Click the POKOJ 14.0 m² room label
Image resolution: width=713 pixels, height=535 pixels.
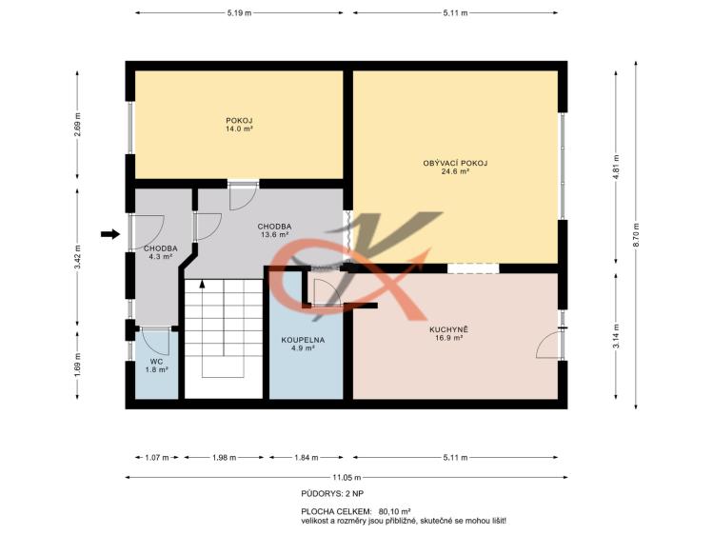[x=239, y=125]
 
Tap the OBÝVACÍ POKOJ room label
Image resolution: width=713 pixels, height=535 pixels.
[x=455, y=163]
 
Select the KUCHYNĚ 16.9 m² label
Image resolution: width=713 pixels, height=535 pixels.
[x=448, y=333]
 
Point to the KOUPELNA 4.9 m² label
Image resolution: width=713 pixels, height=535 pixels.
[x=303, y=344]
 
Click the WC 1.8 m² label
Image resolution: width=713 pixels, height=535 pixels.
[x=157, y=366]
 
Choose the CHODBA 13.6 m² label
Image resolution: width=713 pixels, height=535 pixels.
[x=275, y=230]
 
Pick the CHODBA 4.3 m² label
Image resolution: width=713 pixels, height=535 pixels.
[x=161, y=252]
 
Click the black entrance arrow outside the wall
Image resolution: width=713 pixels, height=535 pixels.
[x=110, y=234]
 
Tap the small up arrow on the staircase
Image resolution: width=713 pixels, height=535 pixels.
[x=203, y=285]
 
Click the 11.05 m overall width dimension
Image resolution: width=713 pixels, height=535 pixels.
[x=347, y=477]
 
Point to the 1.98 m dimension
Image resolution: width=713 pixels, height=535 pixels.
[x=224, y=458]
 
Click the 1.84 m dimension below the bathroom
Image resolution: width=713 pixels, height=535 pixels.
[x=306, y=458]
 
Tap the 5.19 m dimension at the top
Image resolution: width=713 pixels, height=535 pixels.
[x=239, y=13]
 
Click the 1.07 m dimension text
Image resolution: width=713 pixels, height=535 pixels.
[x=157, y=458]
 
